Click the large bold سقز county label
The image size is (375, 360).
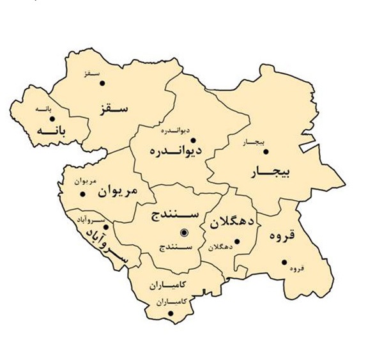coord(114,107)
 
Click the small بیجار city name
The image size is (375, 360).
coord(250,142)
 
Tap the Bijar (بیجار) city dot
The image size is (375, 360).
coord(266,152)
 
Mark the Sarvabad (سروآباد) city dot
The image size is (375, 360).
coord(106,226)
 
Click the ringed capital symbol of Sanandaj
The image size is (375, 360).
coord(184,232)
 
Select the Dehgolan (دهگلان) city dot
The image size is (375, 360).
coord(236,241)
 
